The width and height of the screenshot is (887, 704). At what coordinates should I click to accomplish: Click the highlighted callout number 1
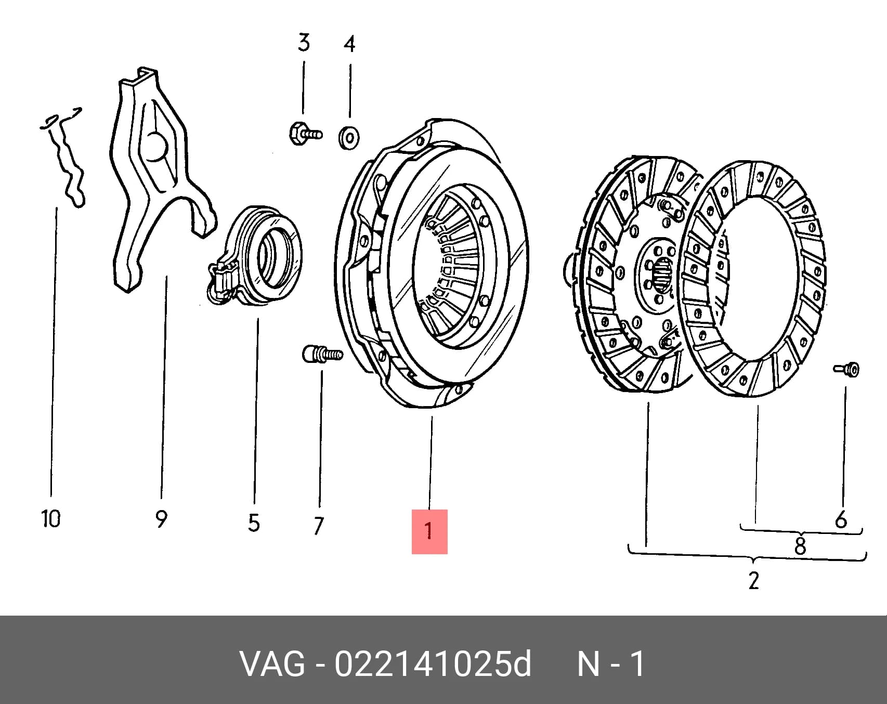[429, 531]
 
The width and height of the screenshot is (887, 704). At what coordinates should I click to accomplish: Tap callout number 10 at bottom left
[51, 518]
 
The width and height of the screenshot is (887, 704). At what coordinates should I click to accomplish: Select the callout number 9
[161, 519]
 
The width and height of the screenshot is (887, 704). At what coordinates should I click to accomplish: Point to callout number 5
[254, 523]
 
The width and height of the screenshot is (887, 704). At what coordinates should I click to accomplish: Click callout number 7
[319, 526]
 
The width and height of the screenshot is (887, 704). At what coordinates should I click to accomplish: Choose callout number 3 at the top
[304, 42]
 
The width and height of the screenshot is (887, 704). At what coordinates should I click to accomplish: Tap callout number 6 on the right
[841, 520]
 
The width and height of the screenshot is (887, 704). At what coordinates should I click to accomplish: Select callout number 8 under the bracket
[800, 546]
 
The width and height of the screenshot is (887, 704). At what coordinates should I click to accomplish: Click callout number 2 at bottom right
[754, 580]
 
